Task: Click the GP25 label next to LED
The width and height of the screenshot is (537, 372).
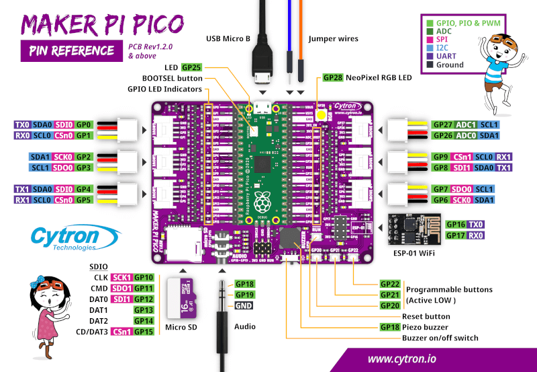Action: point(191,68)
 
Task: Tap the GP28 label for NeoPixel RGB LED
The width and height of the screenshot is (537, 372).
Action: point(333,77)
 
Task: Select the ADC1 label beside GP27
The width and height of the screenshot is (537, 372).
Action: point(467,124)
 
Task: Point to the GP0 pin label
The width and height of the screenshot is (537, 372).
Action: point(83,124)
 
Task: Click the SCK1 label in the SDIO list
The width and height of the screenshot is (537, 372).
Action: point(121,277)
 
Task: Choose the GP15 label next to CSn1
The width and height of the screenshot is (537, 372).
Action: point(144,331)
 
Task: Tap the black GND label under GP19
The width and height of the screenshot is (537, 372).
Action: point(244,305)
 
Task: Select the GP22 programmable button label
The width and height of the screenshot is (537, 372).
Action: point(390,283)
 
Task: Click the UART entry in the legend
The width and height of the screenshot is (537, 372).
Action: point(448,56)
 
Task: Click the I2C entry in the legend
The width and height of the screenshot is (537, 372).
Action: point(443,47)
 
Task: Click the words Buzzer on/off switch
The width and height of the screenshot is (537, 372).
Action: point(440,338)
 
